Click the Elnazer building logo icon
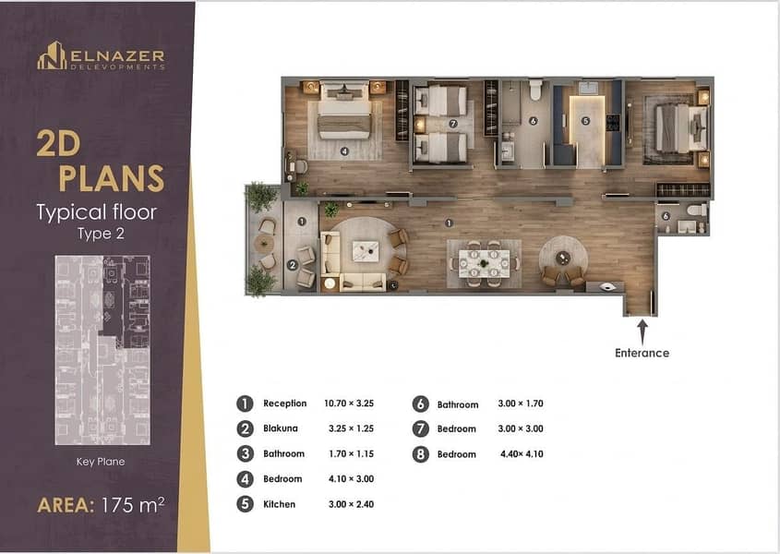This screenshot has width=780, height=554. [52, 55]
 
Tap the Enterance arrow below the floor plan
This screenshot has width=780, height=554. [642, 332]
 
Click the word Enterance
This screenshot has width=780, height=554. [642, 353]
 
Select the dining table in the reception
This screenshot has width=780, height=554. [484, 263]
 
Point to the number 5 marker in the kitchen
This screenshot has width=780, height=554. [585, 120]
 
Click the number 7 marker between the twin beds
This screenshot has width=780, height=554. [452, 123]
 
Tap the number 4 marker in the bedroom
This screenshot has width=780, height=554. [344, 151]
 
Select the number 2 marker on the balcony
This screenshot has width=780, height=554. [293, 265]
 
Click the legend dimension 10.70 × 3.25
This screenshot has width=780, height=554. [349, 403]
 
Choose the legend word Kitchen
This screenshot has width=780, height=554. [279, 504]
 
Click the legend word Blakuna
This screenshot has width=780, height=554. [281, 428]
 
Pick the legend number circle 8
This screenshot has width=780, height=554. [420, 454]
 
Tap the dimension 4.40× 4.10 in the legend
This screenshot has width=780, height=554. [522, 454]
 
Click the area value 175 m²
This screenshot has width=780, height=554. [132, 505]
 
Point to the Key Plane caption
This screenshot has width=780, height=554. [101, 462]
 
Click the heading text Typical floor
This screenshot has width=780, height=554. [97, 212]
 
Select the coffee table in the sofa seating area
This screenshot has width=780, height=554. [366, 251]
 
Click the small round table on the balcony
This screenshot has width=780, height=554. [264, 244]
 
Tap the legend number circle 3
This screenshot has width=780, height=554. [245, 453]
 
